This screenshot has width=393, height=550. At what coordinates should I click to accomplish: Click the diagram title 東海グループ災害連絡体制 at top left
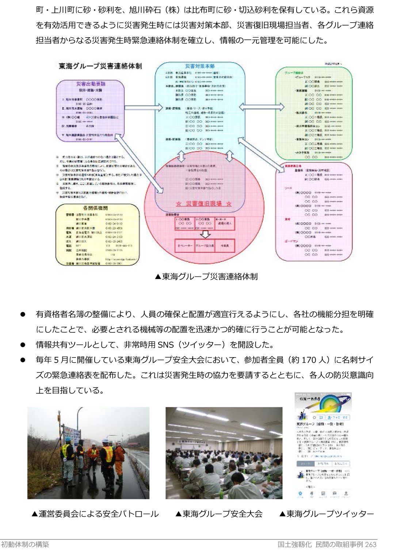click(x=100, y=66)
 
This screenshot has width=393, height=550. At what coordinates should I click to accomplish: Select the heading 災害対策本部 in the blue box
click(x=200, y=66)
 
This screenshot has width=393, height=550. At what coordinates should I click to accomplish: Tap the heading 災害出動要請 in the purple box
click(x=91, y=84)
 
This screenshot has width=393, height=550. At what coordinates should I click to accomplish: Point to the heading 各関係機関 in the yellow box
click(x=96, y=208)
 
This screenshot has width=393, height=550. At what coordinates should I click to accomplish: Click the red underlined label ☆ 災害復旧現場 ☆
click(x=204, y=203)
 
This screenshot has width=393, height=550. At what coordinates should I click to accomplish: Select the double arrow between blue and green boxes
click(x=262, y=107)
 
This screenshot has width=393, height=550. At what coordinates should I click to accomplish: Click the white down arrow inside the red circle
click(x=205, y=234)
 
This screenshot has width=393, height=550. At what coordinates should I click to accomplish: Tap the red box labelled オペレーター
click(x=185, y=246)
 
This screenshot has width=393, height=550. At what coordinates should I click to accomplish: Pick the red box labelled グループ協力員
click(x=205, y=246)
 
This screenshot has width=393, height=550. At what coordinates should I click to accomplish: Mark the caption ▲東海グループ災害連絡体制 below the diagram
click(x=206, y=276)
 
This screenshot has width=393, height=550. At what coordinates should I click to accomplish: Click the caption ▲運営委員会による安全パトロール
click(x=95, y=514)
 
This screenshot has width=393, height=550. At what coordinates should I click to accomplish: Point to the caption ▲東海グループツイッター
click(x=327, y=514)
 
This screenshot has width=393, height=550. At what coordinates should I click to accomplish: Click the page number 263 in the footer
click(x=371, y=544)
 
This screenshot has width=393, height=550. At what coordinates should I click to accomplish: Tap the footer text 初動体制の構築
click(x=25, y=544)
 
